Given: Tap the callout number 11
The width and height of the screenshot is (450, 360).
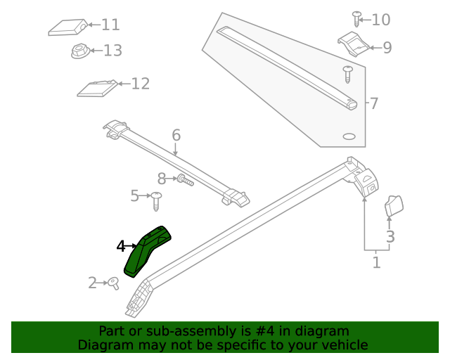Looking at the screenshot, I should [x=110, y=25].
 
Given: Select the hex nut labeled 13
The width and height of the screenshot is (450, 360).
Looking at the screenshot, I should [x=79, y=51].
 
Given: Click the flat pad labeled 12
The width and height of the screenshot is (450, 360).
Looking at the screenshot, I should [x=96, y=89].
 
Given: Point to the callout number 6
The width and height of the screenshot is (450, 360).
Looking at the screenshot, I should [x=176, y=134].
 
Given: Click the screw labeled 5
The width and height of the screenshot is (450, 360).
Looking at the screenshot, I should [x=157, y=200].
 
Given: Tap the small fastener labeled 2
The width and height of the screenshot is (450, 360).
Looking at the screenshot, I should [x=112, y=283].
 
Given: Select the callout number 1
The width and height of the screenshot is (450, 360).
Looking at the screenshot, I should [x=376, y=262].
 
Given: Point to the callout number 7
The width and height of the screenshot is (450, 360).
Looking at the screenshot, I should [x=374, y=103].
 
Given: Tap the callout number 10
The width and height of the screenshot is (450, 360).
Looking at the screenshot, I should [x=380, y=19].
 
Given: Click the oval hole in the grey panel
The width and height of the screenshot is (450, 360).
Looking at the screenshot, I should [x=349, y=136].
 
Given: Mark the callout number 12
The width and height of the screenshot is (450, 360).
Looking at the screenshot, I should [x=140, y=84].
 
